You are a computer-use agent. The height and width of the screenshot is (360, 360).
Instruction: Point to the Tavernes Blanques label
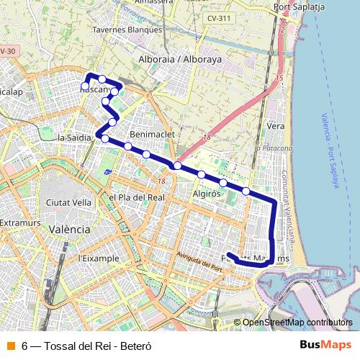pyautogui.click(x=127, y=30)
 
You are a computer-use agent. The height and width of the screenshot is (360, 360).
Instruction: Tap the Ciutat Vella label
pyautogui.click(x=68, y=202)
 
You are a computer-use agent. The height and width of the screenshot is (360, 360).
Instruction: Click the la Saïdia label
pyautogui.click(x=73, y=137)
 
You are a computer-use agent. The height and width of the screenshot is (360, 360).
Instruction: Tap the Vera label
pyautogui.click(x=276, y=125)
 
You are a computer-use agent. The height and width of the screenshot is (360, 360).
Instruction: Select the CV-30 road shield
pyautogui.click(x=7, y=51)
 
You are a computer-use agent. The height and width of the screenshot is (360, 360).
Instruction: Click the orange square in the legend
pyautogui.click(x=10, y=346)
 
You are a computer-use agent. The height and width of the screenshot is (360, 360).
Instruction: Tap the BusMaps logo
pyautogui.click(x=325, y=345)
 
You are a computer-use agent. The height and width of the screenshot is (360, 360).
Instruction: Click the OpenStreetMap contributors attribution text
pyautogui.click(x=297, y=322)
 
